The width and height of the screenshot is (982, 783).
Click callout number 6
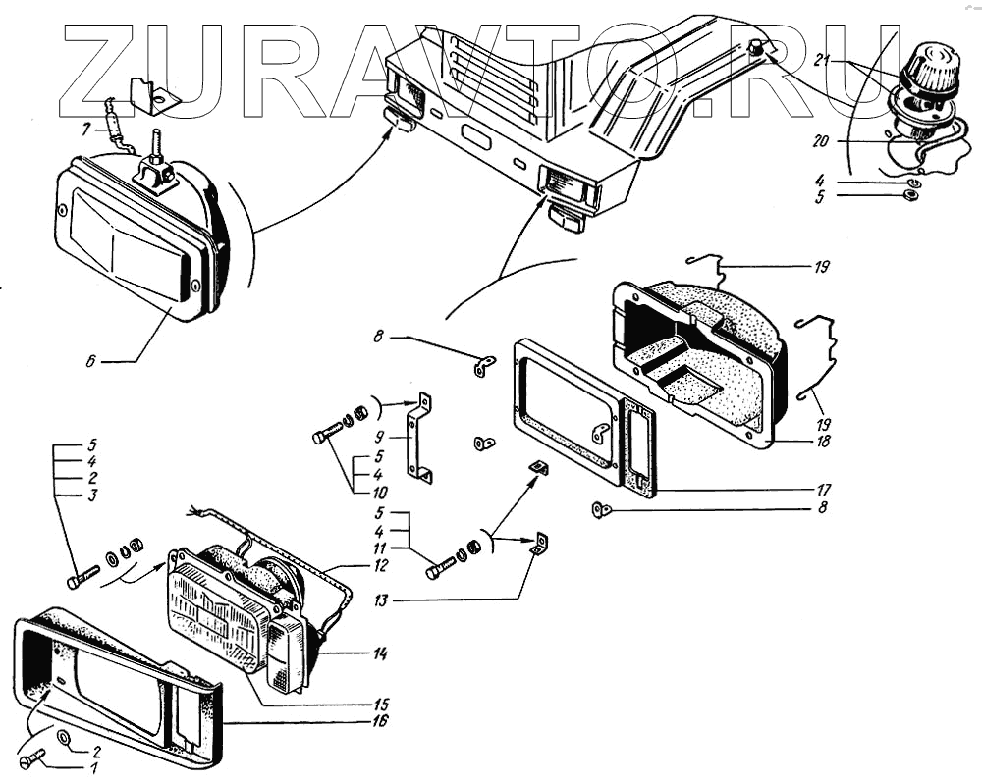[x=90, y=362]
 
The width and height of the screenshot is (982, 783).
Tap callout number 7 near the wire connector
[x=85, y=128]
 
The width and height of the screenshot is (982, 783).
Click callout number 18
[x=823, y=442]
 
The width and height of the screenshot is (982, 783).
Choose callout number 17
[x=823, y=489]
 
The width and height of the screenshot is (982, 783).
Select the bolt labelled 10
[x=328, y=433]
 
